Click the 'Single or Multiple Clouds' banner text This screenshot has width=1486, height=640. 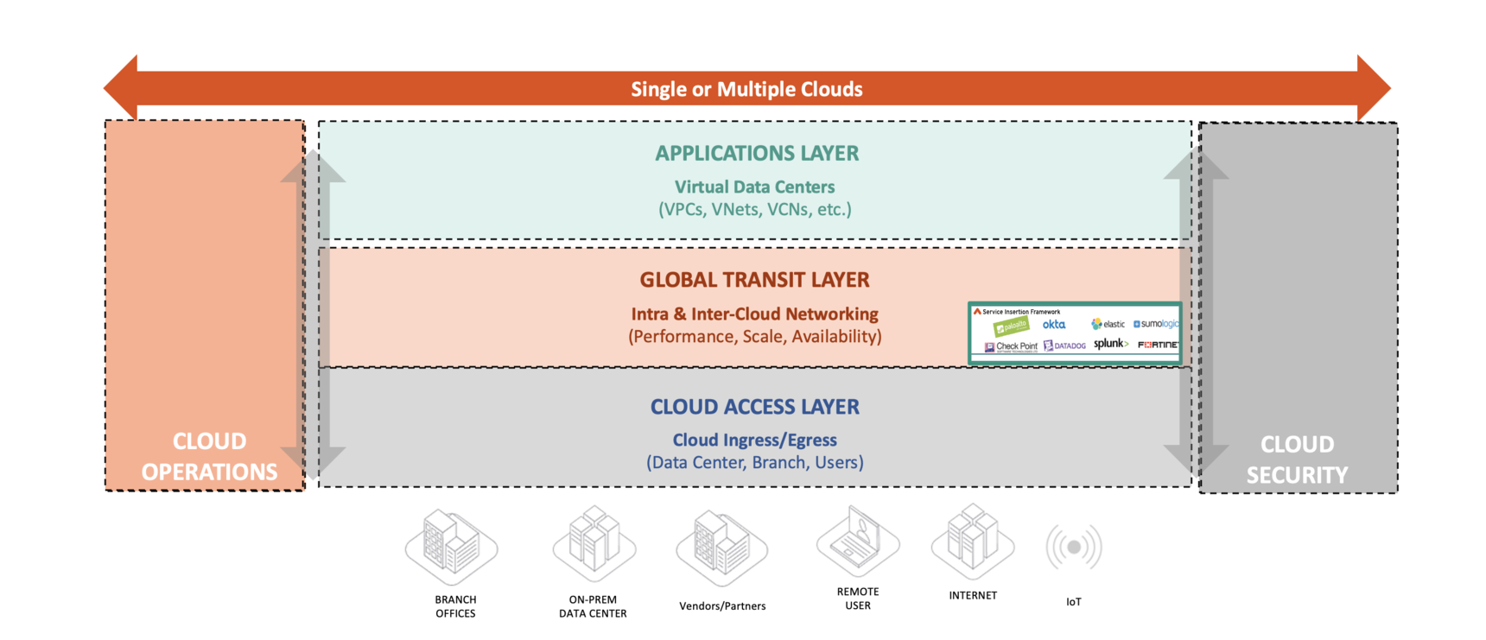(x=746, y=89)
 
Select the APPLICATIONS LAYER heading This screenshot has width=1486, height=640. (x=757, y=154)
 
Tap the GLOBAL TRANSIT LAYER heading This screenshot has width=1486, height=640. (x=754, y=280)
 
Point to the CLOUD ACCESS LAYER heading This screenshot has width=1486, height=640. (x=754, y=407)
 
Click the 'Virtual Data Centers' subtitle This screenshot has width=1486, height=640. (x=754, y=187)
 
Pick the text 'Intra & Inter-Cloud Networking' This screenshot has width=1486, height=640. (x=754, y=314)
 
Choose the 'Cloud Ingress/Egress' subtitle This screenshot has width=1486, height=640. (x=754, y=440)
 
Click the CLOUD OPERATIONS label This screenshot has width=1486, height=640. (x=209, y=456)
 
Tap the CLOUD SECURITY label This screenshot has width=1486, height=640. (x=1297, y=459)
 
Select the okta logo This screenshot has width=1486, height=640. (x=1053, y=325)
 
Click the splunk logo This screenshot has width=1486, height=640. (x=1110, y=344)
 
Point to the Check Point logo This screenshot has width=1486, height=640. (x=1011, y=346)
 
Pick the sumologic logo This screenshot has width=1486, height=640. (x=1156, y=324)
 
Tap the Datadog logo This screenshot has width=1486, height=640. (x=1064, y=345)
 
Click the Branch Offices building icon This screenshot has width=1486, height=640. (x=452, y=544)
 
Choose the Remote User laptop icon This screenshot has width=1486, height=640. (x=858, y=539)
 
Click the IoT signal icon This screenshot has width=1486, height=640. (x=1073, y=547)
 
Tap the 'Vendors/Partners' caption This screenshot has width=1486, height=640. (x=722, y=606)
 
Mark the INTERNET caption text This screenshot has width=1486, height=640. (x=973, y=596)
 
